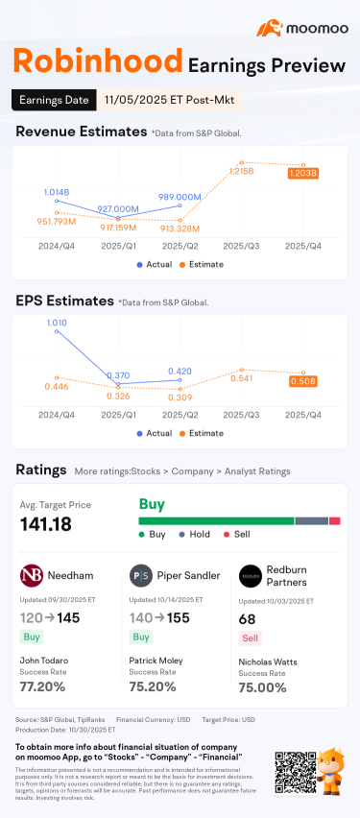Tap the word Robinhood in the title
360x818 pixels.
point(97,63)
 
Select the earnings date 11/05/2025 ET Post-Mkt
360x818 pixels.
point(169,99)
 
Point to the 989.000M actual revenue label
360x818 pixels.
point(180,196)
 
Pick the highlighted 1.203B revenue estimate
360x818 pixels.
point(303,173)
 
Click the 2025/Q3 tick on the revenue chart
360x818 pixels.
point(242,246)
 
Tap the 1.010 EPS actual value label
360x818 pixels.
point(57,323)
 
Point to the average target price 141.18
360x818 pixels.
point(52,524)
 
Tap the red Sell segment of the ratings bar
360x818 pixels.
point(335,520)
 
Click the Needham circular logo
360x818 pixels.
point(31,575)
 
